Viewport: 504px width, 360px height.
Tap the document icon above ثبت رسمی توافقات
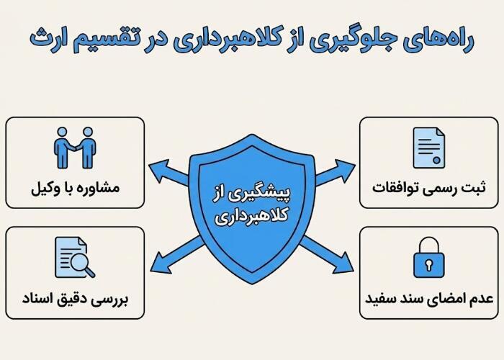[428, 148]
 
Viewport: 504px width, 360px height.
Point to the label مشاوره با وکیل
[75, 189]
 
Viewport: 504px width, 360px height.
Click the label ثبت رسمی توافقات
[429, 189]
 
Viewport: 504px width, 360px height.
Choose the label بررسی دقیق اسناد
[75, 297]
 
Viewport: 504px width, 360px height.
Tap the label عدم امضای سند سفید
[429, 297]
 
